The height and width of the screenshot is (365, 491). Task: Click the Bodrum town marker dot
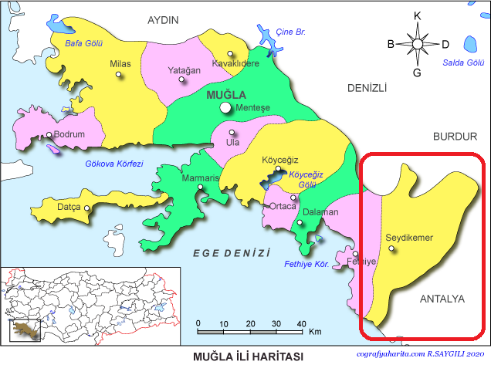point(49,135)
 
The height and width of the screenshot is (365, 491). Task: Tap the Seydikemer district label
point(408,237)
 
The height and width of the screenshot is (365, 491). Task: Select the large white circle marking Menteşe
point(225,108)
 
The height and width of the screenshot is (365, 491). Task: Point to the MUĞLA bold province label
point(227,94)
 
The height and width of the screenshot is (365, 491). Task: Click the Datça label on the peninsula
point(69,207)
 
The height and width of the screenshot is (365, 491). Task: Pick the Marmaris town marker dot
point(201,188)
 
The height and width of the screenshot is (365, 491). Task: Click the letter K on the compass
point(418,15)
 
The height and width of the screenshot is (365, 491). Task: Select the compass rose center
point(418,44)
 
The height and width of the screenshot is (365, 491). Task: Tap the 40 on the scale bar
point(302,323)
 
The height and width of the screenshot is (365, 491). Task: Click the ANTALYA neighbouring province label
point(442,298)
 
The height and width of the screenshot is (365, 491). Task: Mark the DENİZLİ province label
point(366,88)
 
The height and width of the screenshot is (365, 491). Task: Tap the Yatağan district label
point(184,70)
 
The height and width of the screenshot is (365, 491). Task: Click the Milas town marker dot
point(118,75)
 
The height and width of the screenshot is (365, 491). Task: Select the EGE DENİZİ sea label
point(232,252)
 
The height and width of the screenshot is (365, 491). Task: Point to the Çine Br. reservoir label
point(291,32)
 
